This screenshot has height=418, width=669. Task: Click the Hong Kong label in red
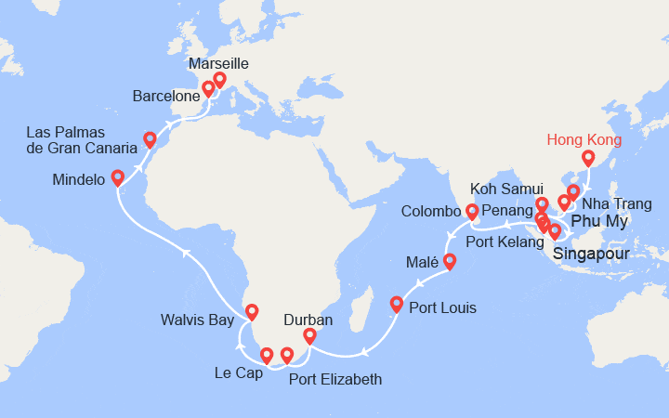coord(584,140)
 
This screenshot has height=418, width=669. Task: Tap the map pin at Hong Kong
coord(587,159)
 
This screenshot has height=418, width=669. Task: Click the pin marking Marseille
coord(219,80)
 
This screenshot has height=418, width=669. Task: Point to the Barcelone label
coord(166,96)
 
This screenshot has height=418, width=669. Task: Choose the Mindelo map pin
coord(117,177)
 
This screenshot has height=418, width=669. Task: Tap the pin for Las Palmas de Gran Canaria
coord(149,140)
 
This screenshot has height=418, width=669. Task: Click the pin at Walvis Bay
coord(250,311)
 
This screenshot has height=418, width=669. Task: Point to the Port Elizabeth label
coord(334,379)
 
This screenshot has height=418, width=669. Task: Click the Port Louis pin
coord(396,304)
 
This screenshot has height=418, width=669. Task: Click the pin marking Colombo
coord(471,213)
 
